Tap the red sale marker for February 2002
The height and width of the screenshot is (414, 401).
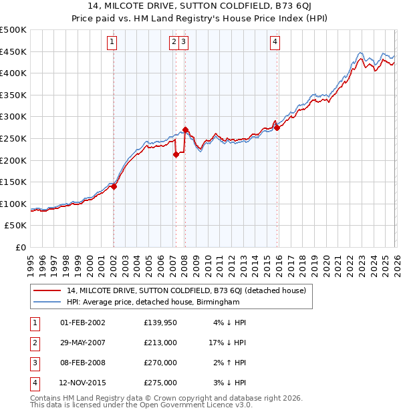(x=114, y=187)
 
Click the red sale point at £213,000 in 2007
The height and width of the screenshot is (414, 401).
(x=176, y=154)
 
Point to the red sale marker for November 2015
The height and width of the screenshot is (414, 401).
(x=276, y=128)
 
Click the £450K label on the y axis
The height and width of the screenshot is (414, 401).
(x=14, y=51)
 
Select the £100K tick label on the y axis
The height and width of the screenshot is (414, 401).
(x=14, y=204)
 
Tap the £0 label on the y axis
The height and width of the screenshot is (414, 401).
(x=20, y=247)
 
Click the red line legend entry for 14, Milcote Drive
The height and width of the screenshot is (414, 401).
(x=186, y=290)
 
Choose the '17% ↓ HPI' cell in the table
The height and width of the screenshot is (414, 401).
(x=228, y=343)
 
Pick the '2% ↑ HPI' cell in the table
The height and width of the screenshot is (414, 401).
(x=228, y=363)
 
